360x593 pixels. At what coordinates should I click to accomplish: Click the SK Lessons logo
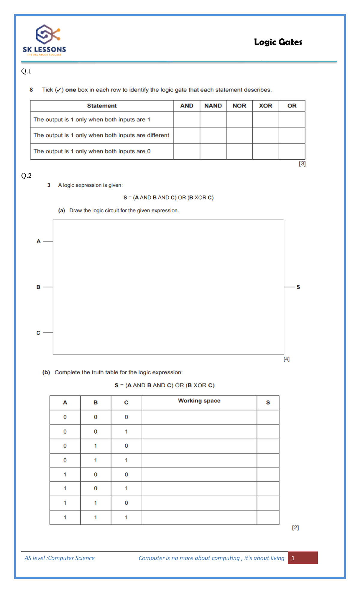click(x=44, y=40)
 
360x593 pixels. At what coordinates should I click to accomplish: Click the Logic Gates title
click(x=278, y=42)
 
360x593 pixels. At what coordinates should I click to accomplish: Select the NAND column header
click(x=213, y=106)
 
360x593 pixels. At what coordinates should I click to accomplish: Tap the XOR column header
click(x=265, y=106)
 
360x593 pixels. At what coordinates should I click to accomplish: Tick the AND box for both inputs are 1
click(x=187, y=120)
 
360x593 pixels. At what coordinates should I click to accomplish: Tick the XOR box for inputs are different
click(x=265, y=136)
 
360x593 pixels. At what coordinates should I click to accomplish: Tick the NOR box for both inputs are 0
click(x=239, y=152)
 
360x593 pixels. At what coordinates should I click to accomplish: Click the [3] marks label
click(x=302, y=164)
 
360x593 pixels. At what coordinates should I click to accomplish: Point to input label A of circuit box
click(x=38, y=241)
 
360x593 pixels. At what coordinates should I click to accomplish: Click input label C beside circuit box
click(x=38, y=333)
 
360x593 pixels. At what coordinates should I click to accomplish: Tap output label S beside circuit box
click(x=298, y=287)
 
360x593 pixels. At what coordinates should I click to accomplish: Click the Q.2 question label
click(x=26, y=176)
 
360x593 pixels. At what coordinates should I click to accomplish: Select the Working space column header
click(x=199, y=401)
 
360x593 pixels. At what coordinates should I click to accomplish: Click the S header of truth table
click(x=268, y=403)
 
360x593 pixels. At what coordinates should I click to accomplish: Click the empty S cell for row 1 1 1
click(x=268, y=517)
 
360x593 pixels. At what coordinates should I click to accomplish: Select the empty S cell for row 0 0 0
click(x=268, y=417)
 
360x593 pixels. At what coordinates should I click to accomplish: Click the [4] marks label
click(x=286, y=359)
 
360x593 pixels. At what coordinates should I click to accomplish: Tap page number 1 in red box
click(x=293, y=558)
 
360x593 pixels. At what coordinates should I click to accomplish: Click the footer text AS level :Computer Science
click(x=59, y=558)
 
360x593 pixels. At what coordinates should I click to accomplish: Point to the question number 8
click(x=31, y=90)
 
